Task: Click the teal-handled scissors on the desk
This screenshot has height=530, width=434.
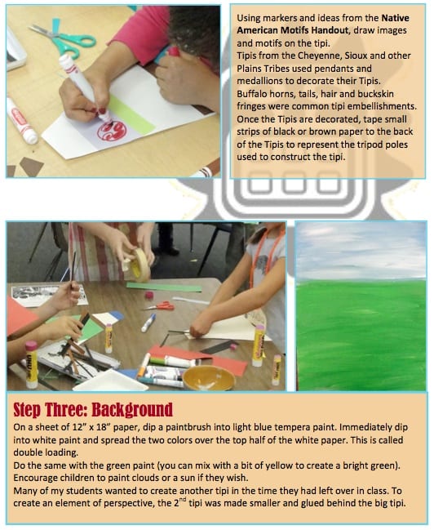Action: coord(64,38)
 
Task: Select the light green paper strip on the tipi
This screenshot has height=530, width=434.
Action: coord(131,114)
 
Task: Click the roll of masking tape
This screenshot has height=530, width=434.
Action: coord(139,265)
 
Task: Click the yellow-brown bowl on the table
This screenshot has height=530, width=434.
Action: coord(208,377)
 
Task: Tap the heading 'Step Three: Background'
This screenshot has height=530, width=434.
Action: coord(93,409)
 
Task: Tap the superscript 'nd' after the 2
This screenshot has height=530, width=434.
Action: coord(183,501)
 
